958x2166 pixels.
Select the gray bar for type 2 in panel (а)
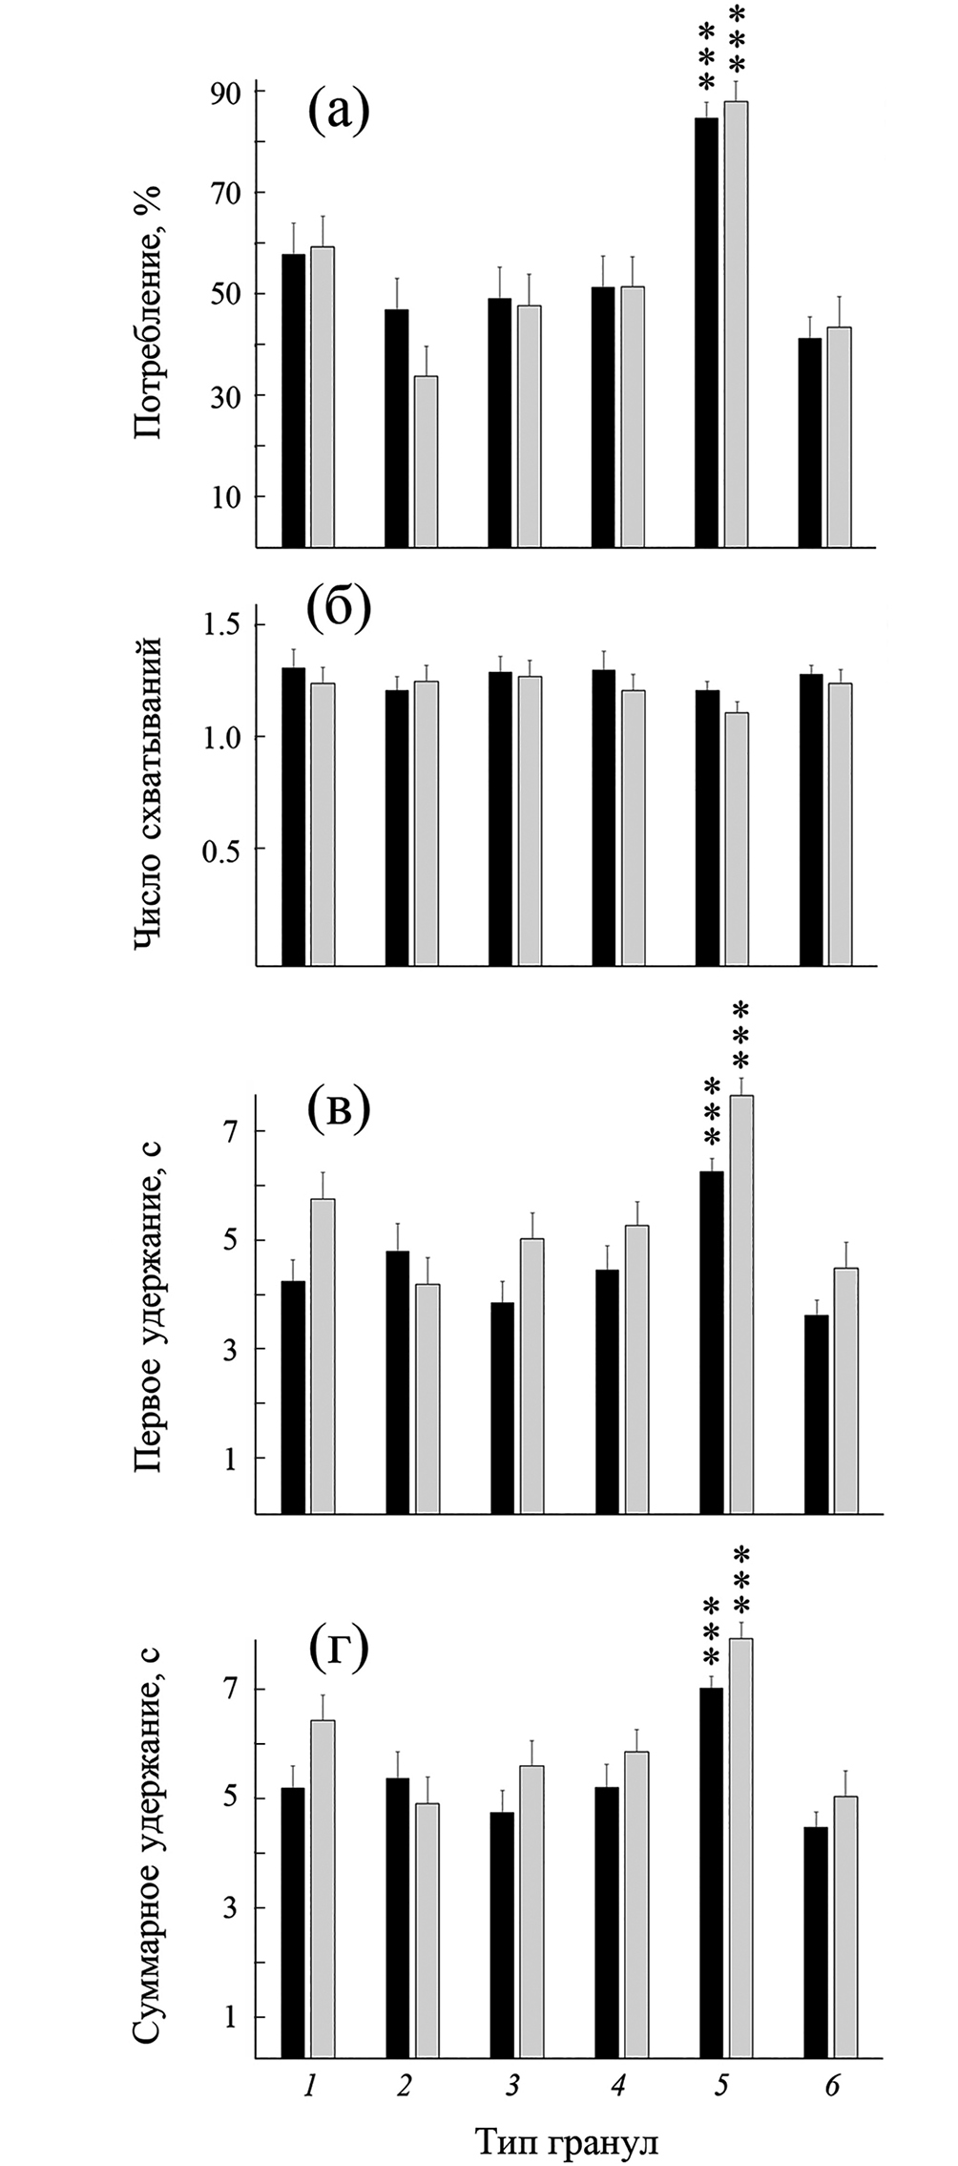click(426, 461)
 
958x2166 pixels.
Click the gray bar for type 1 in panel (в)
click(323, 1356)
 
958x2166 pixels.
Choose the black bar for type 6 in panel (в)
click(816, 1414)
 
